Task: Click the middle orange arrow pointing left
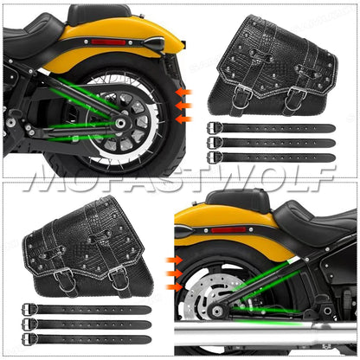pyautogui.click(x=183, y=104)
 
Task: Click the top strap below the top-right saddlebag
pyautogui.click(x=270, y=128)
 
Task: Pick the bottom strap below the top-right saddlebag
pyautogui.click(x=270, y=157)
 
